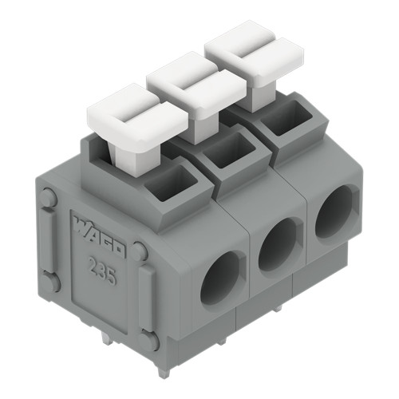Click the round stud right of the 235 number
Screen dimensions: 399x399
pyautogui.click(x=140, y=251)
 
